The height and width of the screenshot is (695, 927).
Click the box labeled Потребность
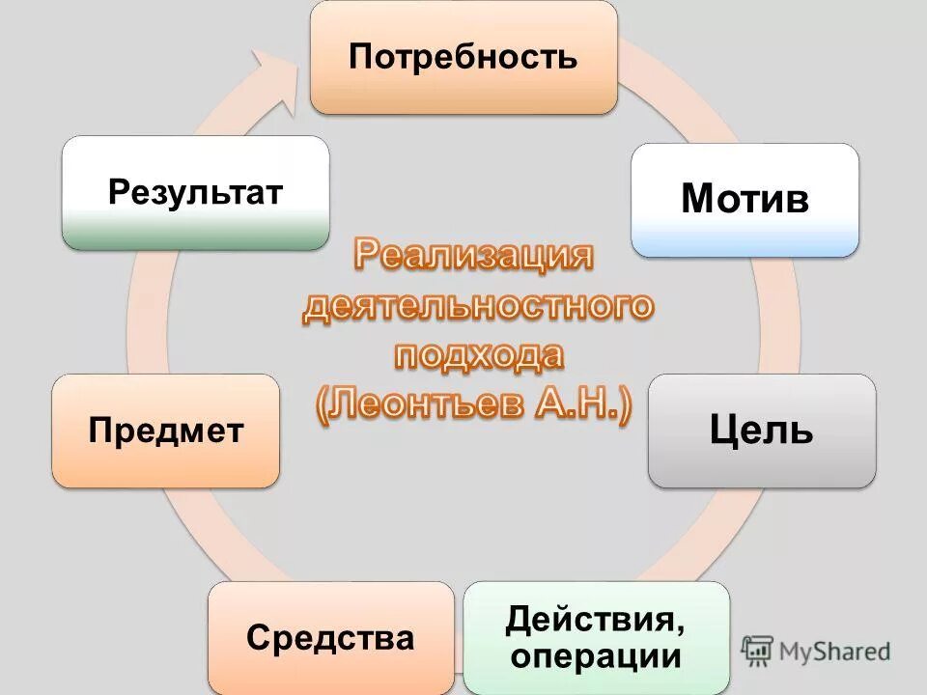(x=463, y=58)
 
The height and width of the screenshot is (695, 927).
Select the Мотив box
(x=744, y=201)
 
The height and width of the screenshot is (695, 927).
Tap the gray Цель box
(x=762, y=431)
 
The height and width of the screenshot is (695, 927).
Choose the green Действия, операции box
(x=597, y=638)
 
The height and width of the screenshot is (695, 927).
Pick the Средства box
(x=330, y=638)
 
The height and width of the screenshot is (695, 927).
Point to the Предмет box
(x=165, y=431)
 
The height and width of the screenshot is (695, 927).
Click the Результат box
(x=195, y=192)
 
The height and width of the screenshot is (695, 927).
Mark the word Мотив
(x=744, y=199)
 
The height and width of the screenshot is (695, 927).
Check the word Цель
(x=762, y=431)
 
